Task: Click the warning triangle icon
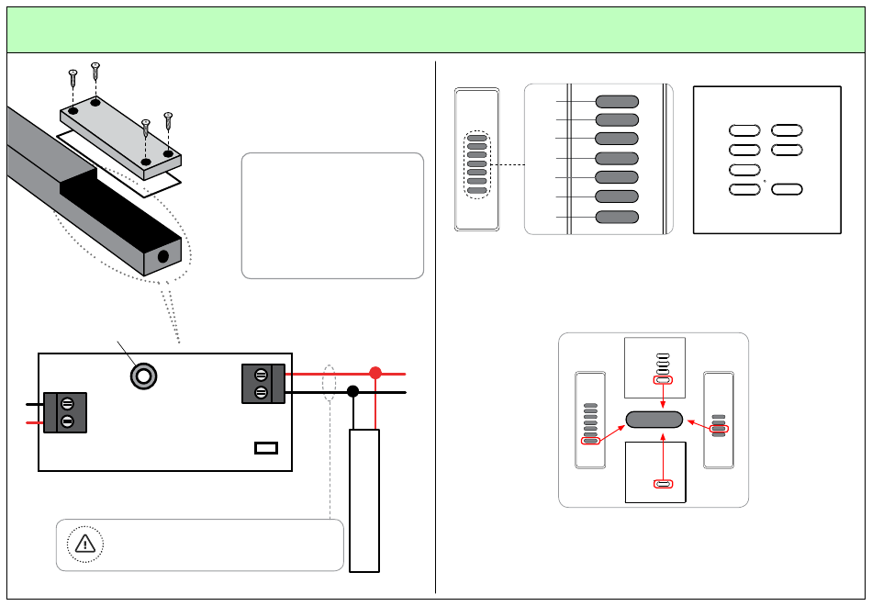pyautogui.click(x=84, y=544)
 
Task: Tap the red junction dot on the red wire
pyautogui.click(x=375, y=374)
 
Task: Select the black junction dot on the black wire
pyautogui.click(x=352, y=392)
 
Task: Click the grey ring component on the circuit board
pyautogui.click(x=142, y=376)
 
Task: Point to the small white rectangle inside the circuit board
pyautogui.click(x=266, y=448)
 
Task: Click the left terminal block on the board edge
pyautogui.click(x=65, y=412)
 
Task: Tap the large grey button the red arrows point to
pyautogui.click(x=654, y=420)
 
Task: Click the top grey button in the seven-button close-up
pyautogui.click(x=617, y=101)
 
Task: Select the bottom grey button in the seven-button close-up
pyautogui.click(x=617, y=217)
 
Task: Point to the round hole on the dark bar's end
pyautogui.click(x=163, y=256)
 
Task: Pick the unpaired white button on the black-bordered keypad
pyautogui.click(x=744, y=170)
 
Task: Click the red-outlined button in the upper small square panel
pyautogui.click(x=663, y=379)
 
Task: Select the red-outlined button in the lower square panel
pyautogui.click(x=663, y=484)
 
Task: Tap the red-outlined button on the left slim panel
pyautogui.click(x=591, y=441)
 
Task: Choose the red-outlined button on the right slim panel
pyautogui.click(x=721, y=428)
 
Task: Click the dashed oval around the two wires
pyautogui.click(x=330, y=383)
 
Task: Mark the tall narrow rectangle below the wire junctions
pyautogui.click(x=364, y=500)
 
